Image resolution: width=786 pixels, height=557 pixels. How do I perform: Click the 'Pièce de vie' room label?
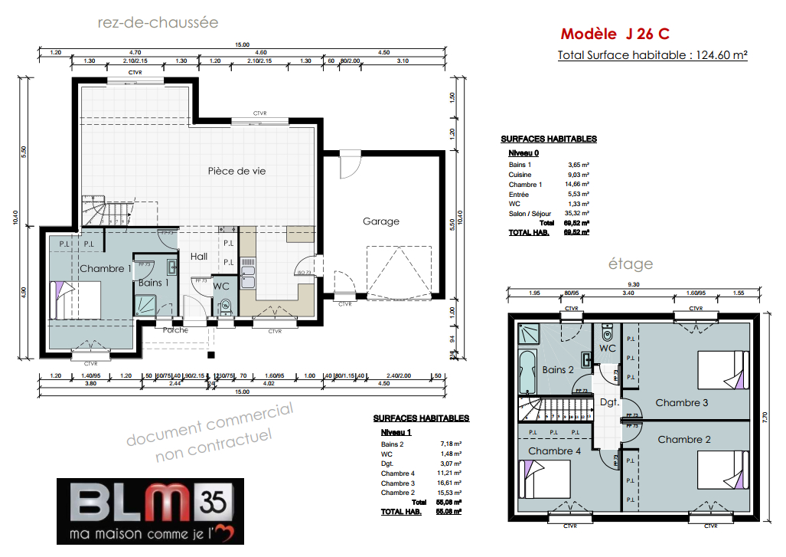[x=236, y=172]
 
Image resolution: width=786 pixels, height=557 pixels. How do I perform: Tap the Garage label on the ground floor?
[x=381, y=221]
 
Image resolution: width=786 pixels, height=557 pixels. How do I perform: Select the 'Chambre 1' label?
[x=104, y=269]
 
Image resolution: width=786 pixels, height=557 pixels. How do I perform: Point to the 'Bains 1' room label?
[x=154, y=283]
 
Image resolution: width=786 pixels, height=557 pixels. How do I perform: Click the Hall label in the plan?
[x=199, y=257]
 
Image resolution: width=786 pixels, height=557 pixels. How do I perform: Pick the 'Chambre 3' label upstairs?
[x=682, y=402]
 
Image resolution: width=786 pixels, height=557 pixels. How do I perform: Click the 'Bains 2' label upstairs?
[x=558, y=370]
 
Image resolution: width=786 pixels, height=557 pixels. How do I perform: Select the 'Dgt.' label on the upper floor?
[x=609, y=401]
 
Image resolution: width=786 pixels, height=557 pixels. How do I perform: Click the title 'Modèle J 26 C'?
[x=616, y=34]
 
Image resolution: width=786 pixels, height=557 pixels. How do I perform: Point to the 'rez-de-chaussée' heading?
[x=158, y=22]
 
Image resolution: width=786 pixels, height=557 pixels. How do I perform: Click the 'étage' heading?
[x=631, y=264]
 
